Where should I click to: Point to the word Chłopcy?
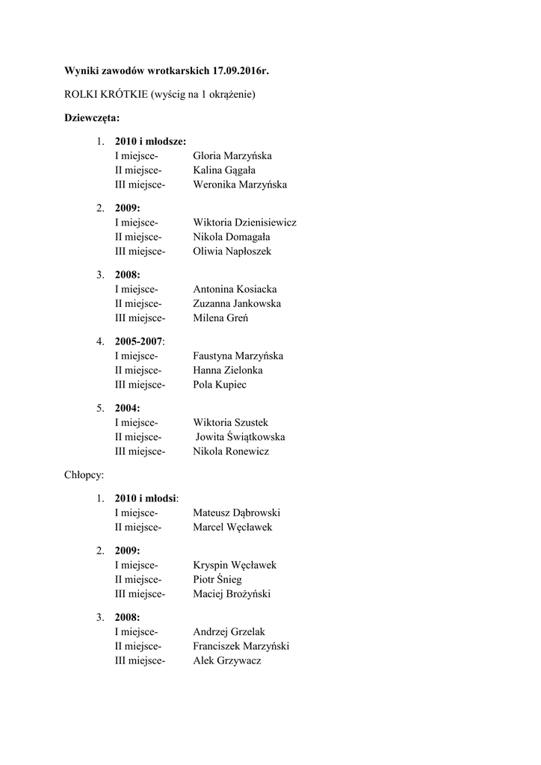[x=84, y=474]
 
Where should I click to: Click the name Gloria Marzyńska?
[x=232, y=155]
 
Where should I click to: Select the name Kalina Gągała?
[x=224, y=170]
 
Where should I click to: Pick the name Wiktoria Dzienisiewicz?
[x=244, y=222]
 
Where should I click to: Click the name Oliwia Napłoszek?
[x=231, y=252]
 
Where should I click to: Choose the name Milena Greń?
[x=220, y=318]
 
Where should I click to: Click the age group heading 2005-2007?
[x=138, y=341]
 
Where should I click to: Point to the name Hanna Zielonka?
[x=227, y=371]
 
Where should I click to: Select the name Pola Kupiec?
[x=219, y=385]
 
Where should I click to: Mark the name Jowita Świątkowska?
[x=241, y=437]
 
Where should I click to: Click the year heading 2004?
[x=128, y=408]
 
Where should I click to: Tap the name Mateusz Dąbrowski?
[x=236, y=513]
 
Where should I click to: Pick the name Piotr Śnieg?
[x=217, y=580]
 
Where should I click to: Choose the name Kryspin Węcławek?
[x=235, y=565]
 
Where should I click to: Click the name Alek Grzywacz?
[x=227, y=661]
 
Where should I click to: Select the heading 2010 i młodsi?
[x=146, y=498]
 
